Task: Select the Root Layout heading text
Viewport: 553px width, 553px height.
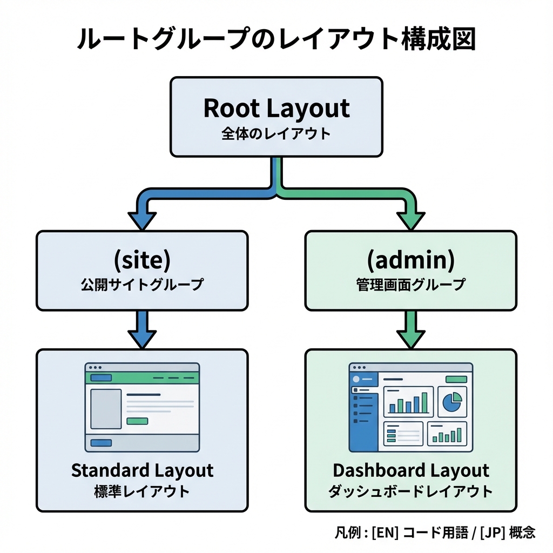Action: [276, 108]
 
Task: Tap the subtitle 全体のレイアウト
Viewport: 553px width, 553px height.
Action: [276, 134]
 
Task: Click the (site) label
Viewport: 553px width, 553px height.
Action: [142, 260]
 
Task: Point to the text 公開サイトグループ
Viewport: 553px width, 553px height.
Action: [142, 285]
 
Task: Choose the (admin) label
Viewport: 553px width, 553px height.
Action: [410, 260]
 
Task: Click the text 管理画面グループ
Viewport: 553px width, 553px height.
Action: [410, 285]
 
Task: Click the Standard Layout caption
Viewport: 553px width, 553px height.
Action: [142, 470]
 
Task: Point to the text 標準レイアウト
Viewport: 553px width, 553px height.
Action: [142, 491]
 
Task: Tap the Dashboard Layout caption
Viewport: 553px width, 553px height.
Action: [410, 470]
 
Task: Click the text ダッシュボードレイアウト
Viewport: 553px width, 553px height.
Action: [410, 491]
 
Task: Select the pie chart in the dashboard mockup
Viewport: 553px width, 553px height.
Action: [451, 402]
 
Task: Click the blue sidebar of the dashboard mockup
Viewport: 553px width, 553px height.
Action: [363, 413]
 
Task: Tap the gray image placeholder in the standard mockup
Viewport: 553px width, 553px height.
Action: [105, 409]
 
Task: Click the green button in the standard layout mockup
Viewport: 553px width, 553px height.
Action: [137, 421]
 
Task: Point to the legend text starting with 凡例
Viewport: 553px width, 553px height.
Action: [435, 532]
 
